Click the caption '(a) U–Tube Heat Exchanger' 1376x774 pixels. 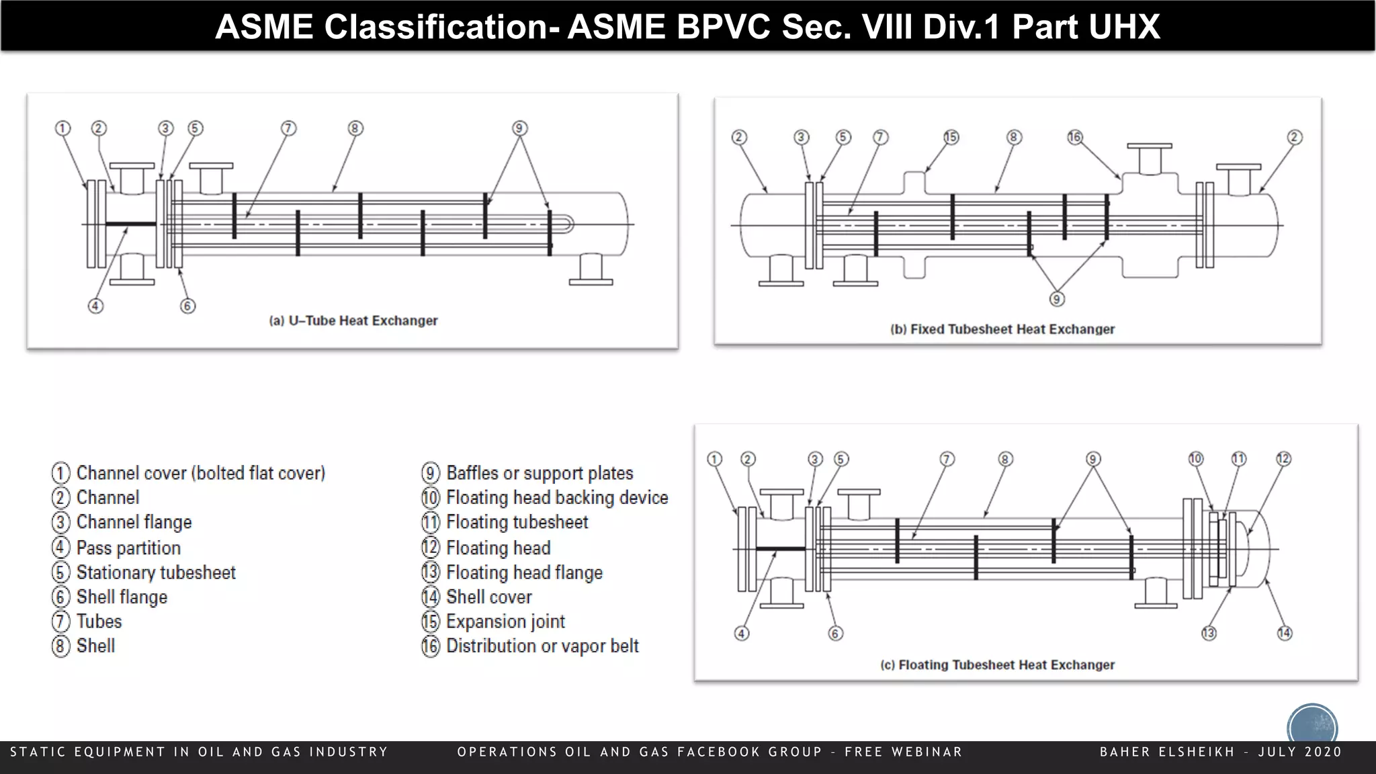353,320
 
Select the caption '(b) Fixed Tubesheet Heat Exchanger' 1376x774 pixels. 1002,329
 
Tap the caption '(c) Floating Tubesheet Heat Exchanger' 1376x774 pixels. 997,664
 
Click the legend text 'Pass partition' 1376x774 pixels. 128,548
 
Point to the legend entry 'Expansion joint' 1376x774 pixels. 505,621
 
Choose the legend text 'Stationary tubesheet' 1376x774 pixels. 156,572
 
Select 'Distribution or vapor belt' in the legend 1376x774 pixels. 542,646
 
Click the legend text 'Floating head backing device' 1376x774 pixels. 557,498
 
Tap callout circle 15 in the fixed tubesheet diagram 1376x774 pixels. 951,137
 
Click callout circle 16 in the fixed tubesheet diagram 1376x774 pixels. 1075,137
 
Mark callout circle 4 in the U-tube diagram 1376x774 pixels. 95,306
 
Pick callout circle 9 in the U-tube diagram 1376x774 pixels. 519,128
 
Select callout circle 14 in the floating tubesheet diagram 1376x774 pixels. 1284,633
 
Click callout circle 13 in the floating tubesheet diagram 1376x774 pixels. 1209,633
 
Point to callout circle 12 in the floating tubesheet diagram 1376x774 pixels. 1283,459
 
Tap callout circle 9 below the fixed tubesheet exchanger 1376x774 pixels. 1057,299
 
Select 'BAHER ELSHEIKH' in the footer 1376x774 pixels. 1167,752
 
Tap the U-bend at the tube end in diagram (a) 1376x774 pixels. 568,224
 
